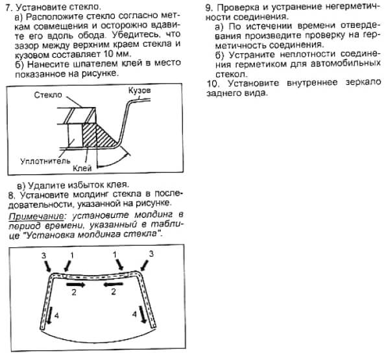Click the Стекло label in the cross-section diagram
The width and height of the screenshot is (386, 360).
47,95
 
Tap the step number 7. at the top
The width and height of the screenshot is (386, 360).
8,6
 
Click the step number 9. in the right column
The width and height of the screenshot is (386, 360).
210,6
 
